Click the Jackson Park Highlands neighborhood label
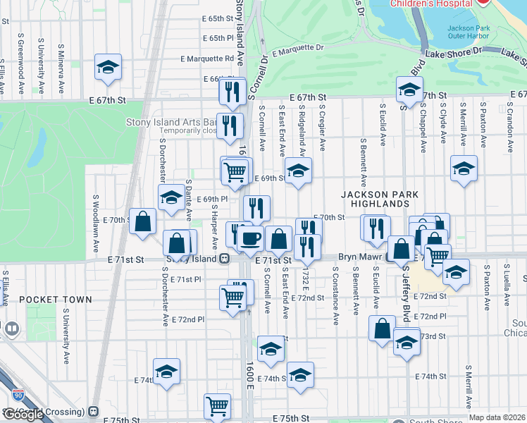380,199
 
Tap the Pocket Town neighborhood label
56,300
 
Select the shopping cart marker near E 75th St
217,406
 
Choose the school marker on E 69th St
298,171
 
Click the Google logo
24,414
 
